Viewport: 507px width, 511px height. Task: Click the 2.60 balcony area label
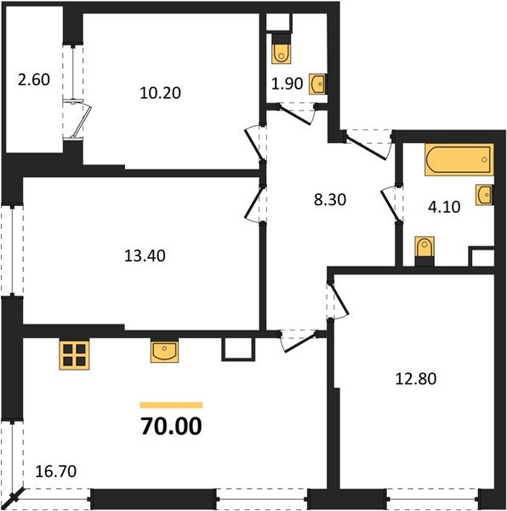34,82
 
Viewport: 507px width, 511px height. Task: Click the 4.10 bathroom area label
444,204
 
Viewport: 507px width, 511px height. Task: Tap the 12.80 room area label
416,378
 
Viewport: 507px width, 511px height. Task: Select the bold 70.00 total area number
171,426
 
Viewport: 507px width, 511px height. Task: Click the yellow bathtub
459,159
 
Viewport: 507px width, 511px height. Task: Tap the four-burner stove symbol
75,353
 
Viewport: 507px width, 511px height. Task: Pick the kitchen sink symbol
165,351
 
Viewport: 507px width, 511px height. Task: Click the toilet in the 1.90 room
281,52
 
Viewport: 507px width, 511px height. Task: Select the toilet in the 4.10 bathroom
424,252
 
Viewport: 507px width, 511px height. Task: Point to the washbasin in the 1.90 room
316,83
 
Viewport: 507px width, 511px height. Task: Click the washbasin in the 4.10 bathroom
485,195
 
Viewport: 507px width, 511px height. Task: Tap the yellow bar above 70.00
171,405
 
